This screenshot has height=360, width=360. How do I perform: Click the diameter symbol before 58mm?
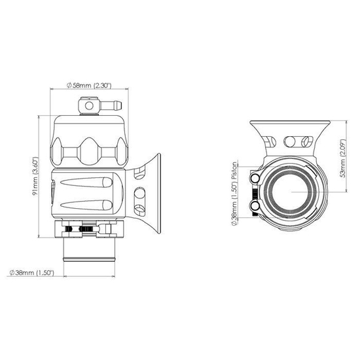[x=69, y=85]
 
